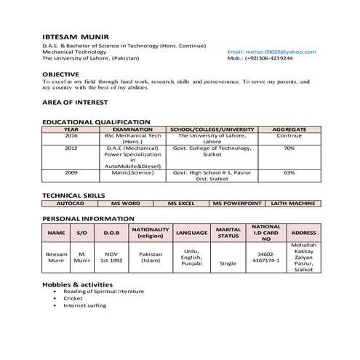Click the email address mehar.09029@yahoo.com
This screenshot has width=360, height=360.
(271, 52)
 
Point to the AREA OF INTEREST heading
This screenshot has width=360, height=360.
(74, 103)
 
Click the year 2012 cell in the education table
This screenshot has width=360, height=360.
(71, 148)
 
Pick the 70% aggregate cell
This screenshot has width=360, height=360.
(289, 148)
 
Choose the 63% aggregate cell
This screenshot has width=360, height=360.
(289, 172)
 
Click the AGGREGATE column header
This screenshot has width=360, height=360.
(289, 129)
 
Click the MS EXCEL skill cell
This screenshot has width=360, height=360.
(182, 204)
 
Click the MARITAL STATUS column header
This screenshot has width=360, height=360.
(228, 233)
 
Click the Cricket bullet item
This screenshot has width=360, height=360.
(73, 298)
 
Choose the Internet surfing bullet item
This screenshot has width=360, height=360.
(84, 305)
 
